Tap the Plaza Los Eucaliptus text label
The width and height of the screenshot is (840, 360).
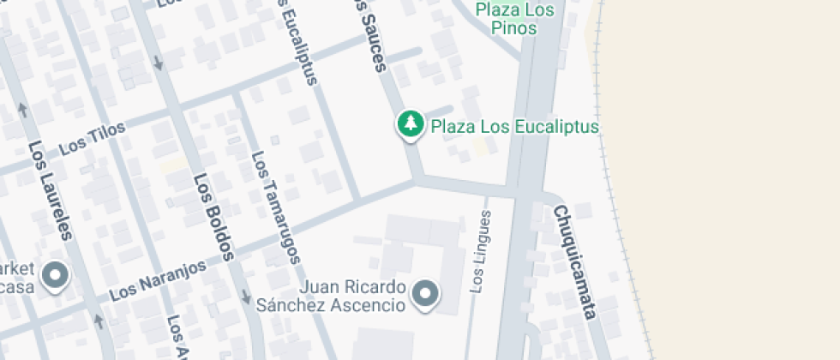coord(514,127)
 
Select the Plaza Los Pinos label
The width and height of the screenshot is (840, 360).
coord(514,18)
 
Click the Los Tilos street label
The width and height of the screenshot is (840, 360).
coord(93,139)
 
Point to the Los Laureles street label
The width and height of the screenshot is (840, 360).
coord(51,190)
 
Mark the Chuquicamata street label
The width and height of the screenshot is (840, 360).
coord(573,261)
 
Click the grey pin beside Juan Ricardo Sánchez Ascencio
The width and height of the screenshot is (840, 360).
coord(425,294)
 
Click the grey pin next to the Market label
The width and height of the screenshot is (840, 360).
coord(57,275)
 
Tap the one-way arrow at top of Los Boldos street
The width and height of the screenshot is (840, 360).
coord(158,63)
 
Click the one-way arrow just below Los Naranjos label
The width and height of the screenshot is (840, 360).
coord(99,321)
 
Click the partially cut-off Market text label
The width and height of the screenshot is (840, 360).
coord(17,276)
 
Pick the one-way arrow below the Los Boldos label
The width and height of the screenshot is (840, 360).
coord(246,294)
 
